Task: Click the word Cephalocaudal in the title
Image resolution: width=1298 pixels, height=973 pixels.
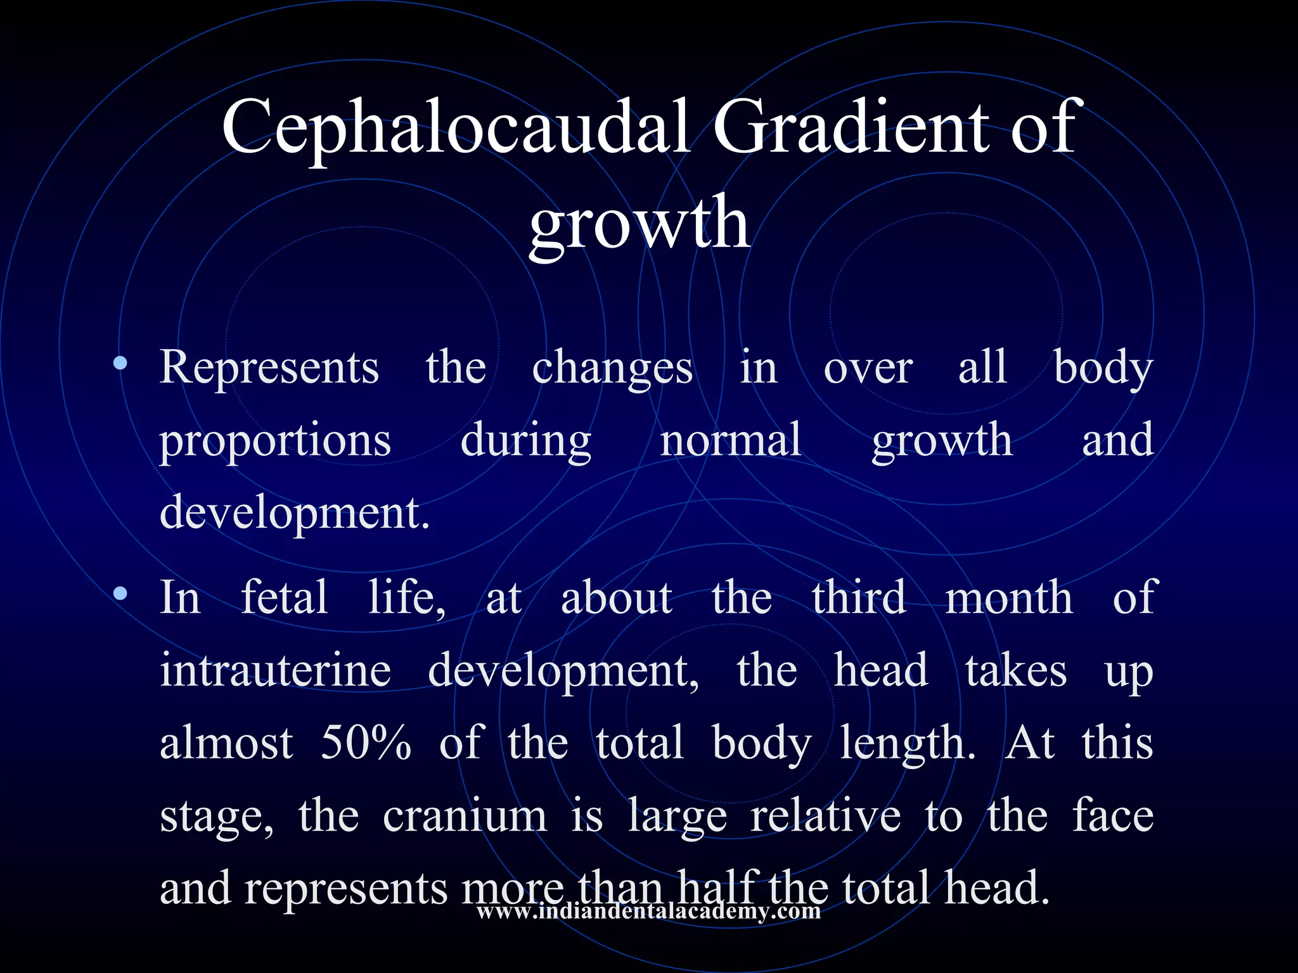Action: [455, 127]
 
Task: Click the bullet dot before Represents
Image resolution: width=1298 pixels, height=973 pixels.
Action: [120, 364]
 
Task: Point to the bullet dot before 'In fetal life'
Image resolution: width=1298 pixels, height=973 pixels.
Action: [120, 594]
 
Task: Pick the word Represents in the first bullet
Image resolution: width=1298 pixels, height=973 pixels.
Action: [269, 367]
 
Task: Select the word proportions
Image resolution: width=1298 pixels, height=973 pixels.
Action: [275, 441]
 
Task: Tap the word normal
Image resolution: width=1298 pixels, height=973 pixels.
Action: [731, 440]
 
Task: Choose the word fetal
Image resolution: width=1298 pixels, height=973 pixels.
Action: [285, 597]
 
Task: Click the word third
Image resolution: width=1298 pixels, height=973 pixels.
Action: [859, 597]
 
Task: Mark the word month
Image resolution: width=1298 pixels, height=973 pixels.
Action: [1009, 598]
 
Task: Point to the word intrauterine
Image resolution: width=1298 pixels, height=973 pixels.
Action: [275, 670]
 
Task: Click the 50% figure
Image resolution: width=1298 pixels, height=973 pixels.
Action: [366, 742]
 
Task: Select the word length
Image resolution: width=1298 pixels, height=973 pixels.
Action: [907, 744]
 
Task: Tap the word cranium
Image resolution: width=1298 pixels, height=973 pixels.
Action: [465, 816]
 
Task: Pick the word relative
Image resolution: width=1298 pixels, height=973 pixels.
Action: [825, 816]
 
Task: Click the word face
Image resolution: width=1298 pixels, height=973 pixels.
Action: [1113, 816]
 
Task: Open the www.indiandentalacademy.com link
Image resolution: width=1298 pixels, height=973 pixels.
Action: [648, 912]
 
